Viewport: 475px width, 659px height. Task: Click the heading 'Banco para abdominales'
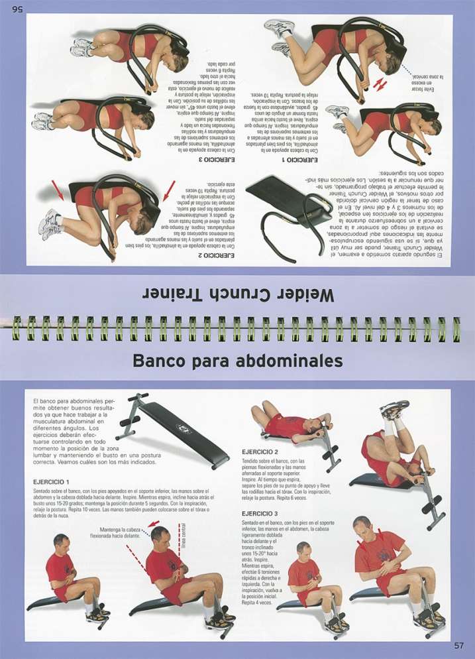[237, 361]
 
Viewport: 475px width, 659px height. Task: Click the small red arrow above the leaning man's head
[154, 523]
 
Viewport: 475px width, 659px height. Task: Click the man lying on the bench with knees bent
[288, 424]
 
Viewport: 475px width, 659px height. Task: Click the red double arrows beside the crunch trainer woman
[378, 84]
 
